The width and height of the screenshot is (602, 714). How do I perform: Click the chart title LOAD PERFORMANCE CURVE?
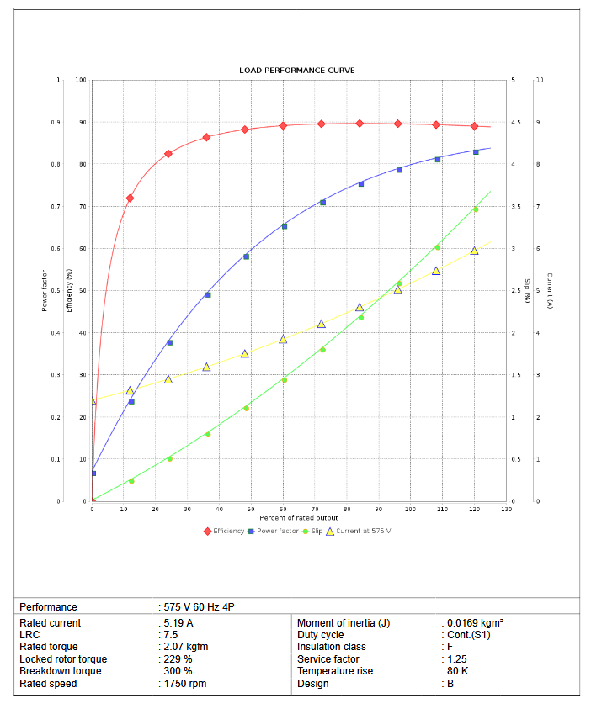[x=296, y=70]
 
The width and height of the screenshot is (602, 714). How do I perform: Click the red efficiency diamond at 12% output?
[x=130, y=198]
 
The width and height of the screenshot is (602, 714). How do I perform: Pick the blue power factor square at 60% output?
[x=284, y=226]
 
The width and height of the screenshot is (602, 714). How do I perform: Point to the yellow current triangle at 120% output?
[x=474, y=251]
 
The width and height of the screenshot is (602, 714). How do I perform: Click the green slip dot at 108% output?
[x=437, y=247]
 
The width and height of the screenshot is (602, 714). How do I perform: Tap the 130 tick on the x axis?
[x=506, y=509]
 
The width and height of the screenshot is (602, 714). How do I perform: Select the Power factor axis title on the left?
[x=45, y=291]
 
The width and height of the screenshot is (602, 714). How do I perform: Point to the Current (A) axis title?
[x=549, y=291]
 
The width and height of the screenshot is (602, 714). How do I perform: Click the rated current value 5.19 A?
[x=178, y=623]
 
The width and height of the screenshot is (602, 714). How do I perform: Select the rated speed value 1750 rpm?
[x=185, y=684]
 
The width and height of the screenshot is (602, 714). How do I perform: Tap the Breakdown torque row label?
[x=61, y=671]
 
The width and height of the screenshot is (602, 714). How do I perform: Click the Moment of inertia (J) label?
[x=344, y=623]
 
